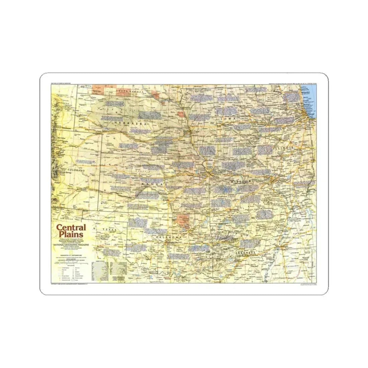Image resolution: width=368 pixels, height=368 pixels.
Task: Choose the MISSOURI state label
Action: click(242, 181)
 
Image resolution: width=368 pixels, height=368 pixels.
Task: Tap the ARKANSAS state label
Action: click(245, 252)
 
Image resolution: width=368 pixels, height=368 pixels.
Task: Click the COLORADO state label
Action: click(77, 170)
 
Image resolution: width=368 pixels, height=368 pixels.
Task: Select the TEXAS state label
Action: click(109, 230)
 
